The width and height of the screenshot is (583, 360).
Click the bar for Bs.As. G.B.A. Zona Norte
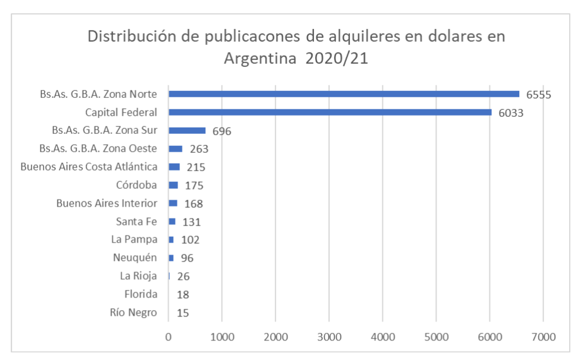pyautogui.click(x=344, y=94)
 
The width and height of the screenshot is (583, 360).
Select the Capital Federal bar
pyautogui.click(x=330, y=112)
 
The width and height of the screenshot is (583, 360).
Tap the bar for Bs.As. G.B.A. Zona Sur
pyautogui.click(x=187, y=131)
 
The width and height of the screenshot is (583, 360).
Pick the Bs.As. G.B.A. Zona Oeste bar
pyautogui.click(x=175, y=149)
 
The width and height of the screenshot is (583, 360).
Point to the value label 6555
pyautogui.click(x=539, y=95)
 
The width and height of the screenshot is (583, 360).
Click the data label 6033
pyautogui.click(x=511, y=113)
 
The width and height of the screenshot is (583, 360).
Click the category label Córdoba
pyautogui.click(x=136, y=185)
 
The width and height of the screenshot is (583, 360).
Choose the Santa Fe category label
pyautogui.click(x=136, y=222)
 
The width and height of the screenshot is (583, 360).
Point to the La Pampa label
pyautogui.click(x=134, y=239)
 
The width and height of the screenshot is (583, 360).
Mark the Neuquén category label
pyautogui.click(x=135, y=258)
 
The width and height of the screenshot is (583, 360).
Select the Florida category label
pyautogui.click(x=141, y=294)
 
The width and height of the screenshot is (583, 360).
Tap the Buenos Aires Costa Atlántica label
pyautogui.click(x=89, y=167)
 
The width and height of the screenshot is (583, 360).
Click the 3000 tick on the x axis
pyautogui.click(x=329, y=337)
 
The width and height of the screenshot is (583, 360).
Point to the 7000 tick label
pyautogui.click(x=543, y=337)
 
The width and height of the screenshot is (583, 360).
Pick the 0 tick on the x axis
pyautogui.click(x=169, y=337)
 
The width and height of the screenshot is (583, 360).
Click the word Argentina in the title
pyautogui.click(x=260, y=59)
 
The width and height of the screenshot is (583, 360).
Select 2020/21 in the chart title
pyautogui.click(x=337, y=59)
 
